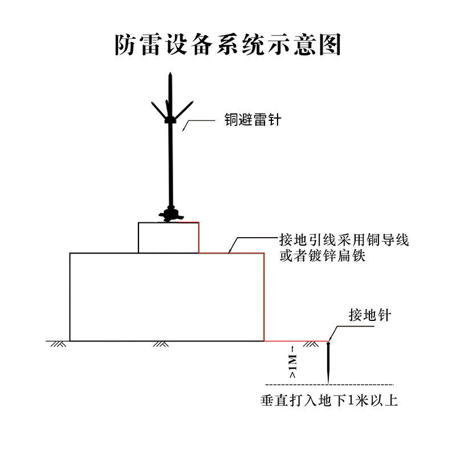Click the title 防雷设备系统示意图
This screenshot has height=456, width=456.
click(228, 44)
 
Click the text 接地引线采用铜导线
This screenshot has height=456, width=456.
click(344, 239)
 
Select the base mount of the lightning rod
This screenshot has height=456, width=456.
click(169, 215)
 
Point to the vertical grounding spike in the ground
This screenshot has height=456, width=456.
click(329, 362)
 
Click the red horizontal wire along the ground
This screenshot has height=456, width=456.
click(296, 341)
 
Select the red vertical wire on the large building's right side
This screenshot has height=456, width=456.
click(264, 296)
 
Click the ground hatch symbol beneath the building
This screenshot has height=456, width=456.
click(160, 344)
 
